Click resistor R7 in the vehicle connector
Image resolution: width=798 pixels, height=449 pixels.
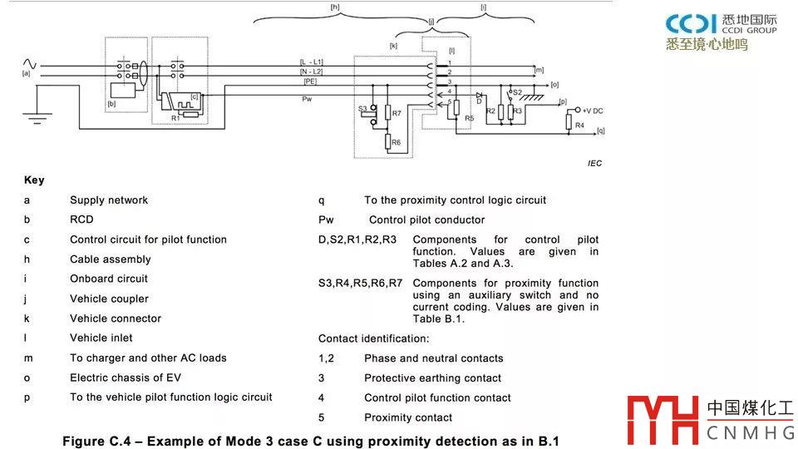pyautogui.click(x=388, y=113)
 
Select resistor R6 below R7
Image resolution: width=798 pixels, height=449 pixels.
pyautogui.click(x=388, y=142)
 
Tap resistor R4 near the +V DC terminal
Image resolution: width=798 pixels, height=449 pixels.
pyautogui.click(x=569, y=125)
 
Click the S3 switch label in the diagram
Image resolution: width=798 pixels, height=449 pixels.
pyautogui.click(x=362, y=109)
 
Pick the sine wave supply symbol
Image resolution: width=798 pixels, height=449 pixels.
pyautogui.click(x=29, y=64)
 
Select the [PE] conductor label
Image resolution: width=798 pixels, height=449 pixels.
pyautogui.click(x=309, y=81)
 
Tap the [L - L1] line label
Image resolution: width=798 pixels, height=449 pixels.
pyautogui.click(x=313, y=62)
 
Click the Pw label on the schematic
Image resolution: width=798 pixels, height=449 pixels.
pyautogui.click(x=307, y=100)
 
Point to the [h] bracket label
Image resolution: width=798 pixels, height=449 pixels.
pyautogui.click(x=335, y=7)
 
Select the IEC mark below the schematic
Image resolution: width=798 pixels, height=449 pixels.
pyautogui.click(x=594, y=164)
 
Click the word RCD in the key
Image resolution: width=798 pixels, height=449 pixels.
pyautogui.click(x=81, y=220)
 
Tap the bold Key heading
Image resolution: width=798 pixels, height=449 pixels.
pyautogui.click(x=34, y=180)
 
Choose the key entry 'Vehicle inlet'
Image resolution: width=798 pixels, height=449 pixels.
pyautogui.click(x=101, y=338)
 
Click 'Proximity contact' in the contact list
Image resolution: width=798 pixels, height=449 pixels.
pyautogui.click(x=408, y=417)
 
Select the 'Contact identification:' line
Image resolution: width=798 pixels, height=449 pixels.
pyautogui.click(x=373, y=338)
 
